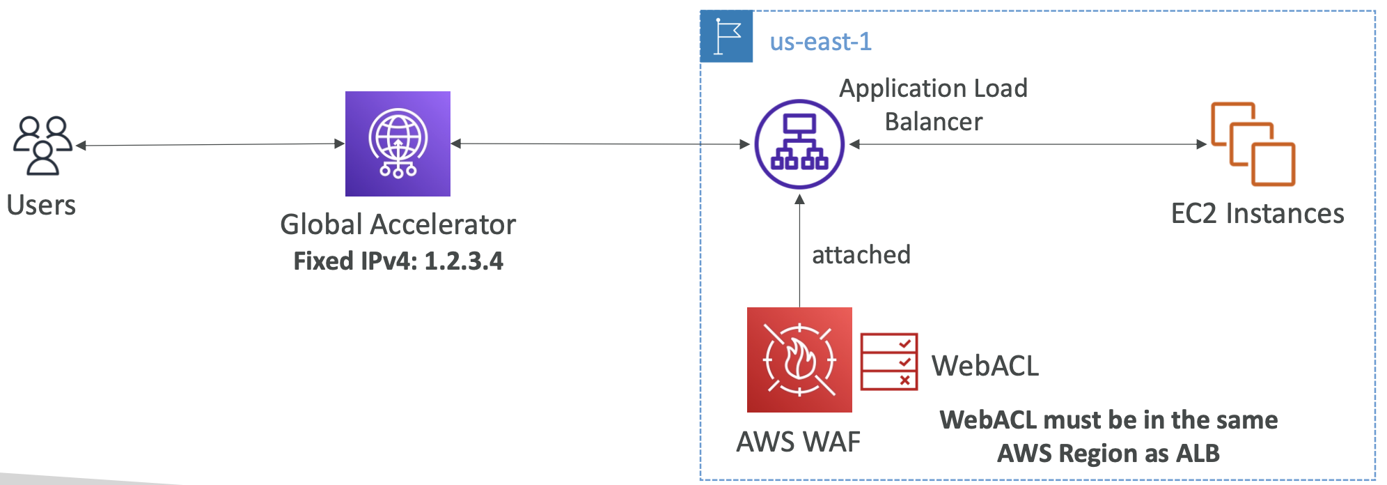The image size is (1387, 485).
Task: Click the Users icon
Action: point(42,145)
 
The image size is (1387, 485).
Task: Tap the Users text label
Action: point(41,206)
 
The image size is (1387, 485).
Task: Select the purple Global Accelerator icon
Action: point(398,144)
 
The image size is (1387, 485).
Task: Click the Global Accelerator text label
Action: point(398,224)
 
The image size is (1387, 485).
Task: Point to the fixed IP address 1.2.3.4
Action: point(464,261)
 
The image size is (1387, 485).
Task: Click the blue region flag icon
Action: point(726,36)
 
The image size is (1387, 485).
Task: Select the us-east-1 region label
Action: point(820,42)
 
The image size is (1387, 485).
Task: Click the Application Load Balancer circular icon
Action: point(799,144)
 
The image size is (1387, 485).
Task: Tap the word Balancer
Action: point(933,122)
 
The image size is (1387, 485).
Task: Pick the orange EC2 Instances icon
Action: point(1253,144)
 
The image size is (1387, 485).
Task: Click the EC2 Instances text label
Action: point(1257,213)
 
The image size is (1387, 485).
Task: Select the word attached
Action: point(861,255)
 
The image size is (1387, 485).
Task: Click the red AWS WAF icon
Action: point(799,360)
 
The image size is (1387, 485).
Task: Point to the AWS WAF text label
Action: point(798,442)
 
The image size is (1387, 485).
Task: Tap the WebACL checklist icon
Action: point(888,362)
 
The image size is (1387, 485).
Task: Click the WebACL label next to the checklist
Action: point(985,366)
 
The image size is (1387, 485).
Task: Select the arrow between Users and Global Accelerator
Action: point(209,145)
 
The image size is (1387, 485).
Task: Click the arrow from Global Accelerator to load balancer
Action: point(599,144)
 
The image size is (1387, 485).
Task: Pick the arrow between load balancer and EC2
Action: point(1027,144)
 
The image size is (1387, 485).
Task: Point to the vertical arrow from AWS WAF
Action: point(799,251)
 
